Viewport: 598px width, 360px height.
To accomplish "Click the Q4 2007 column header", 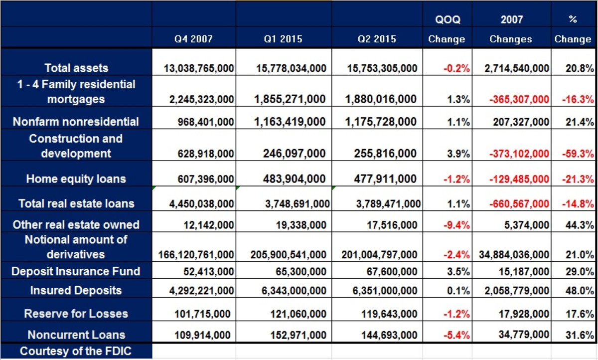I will point(193,39).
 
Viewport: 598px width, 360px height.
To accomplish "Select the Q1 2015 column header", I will point(283,39).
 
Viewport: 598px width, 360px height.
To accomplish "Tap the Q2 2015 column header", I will point(377,39).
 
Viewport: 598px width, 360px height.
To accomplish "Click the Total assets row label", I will point(76,68).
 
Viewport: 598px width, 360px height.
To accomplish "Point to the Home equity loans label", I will point(76,179).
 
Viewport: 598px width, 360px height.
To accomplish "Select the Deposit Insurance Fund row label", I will point(76,272).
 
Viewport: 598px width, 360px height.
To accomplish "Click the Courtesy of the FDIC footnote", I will point(76,351).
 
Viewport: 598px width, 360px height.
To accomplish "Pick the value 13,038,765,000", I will point(199,68).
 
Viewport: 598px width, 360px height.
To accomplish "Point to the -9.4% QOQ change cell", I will point(457,225).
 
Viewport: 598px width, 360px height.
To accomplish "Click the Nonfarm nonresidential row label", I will point(76,122).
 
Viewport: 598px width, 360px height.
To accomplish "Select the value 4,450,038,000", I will point(199,203).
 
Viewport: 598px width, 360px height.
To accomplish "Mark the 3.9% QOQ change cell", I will point(459,154).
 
